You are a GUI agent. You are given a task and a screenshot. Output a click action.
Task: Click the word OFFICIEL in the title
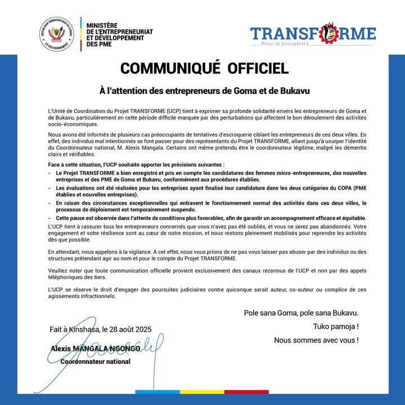click(258, 69)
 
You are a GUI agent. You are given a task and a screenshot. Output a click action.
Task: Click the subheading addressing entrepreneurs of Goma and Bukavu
click(202, 90)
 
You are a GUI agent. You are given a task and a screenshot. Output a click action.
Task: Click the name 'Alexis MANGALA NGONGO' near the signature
click(95, 349)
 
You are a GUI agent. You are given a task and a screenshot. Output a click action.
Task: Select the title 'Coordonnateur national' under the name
click(95, 361)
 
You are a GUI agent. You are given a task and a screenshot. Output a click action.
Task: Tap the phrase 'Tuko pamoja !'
click(336, 327)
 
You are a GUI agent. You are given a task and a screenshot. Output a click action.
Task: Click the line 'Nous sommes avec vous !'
click(316, 340)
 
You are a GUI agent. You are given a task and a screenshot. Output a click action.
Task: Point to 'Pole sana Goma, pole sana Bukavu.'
click(301, 313)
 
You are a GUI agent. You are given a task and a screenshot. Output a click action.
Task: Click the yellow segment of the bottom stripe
click(202, 391)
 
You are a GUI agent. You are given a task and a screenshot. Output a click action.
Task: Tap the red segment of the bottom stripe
click(246, 391)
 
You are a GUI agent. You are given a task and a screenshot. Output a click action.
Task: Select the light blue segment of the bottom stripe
click(158, 391)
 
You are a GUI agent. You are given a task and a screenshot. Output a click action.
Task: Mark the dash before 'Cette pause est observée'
click(50, 218)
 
